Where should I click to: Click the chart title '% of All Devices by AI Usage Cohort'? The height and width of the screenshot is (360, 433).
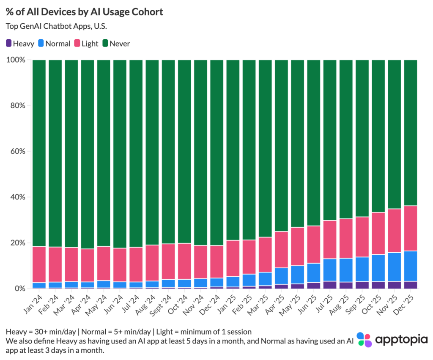coord(85,12)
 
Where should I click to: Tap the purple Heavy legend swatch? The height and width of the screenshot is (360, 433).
coord(8,43)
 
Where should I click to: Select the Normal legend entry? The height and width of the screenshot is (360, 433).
coord(54,43)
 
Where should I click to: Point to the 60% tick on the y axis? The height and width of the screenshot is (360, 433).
coord(17,151)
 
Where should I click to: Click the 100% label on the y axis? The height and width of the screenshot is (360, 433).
coord(16,60)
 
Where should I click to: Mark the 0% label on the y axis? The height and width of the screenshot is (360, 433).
coord(19,289)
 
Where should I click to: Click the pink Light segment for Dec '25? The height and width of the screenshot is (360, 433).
coord(411,229)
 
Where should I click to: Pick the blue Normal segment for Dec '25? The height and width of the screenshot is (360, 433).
coord(411,266)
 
